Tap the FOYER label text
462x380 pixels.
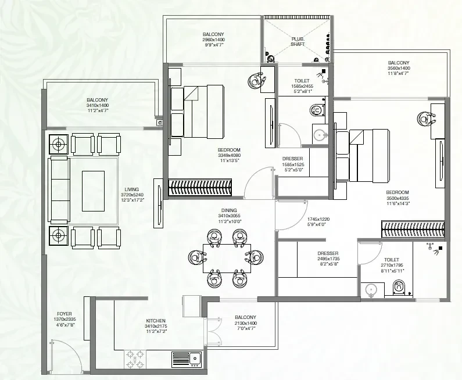pyautogui.click(x=65, y=314)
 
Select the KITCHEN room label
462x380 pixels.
pyautogui.click(x=156, y=320)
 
